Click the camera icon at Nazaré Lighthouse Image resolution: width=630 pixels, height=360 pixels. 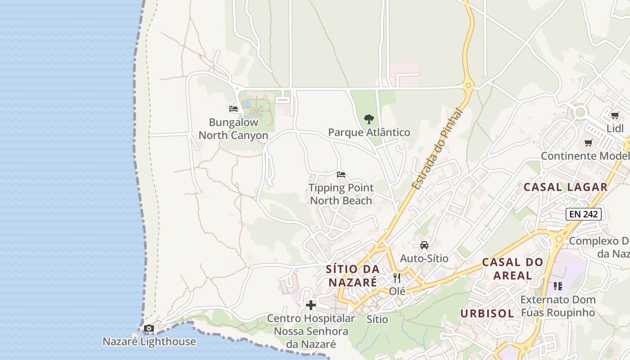(149, 328)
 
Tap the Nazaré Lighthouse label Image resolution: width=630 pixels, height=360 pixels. (149, 342)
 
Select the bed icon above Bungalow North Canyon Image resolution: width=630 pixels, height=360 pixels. (233, 109)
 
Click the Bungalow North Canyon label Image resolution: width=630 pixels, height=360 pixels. (233, 129)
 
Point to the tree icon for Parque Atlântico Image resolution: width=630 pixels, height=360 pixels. (369, 119)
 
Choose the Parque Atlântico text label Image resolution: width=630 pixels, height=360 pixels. (369, 132)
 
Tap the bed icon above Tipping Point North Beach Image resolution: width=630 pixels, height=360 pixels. (341, 175)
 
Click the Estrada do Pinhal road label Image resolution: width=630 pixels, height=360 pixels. (437, 149)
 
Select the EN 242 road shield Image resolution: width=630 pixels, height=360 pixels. (584, 214)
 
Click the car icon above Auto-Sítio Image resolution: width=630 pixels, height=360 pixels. (424, 245)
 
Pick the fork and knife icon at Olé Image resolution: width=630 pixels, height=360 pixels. (396, 278)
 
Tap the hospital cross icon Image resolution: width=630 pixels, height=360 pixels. (311, 305)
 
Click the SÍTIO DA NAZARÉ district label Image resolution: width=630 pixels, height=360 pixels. (352, 275)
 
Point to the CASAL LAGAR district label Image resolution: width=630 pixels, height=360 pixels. (566, 187)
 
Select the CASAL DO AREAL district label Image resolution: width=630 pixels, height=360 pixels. (513, 268)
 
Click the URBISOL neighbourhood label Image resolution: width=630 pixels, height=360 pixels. (487, 313)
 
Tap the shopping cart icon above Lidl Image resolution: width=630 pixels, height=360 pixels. (615, 116)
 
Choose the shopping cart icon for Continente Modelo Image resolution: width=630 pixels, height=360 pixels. (588, 143)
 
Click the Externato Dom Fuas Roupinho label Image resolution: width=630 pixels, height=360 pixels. (558, 306)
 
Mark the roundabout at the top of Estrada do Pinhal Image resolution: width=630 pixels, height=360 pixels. (468, 85)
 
